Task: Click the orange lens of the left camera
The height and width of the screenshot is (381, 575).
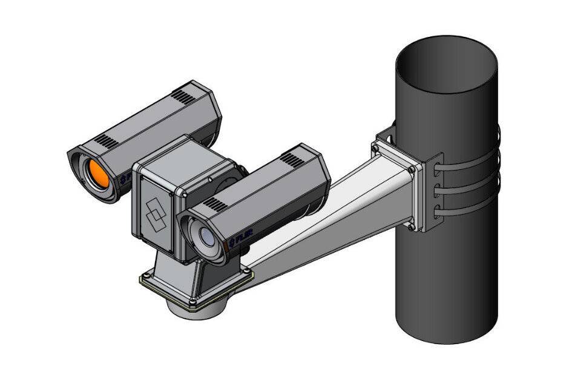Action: tap(96, 174)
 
